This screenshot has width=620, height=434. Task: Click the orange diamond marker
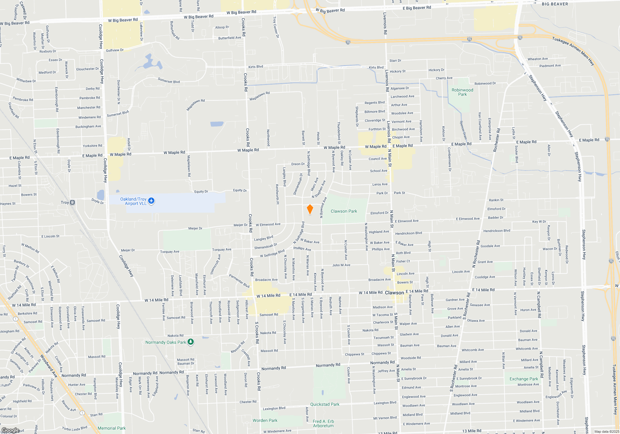tap(310, 209)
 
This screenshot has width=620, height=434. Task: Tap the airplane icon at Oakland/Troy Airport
tap(151, 201)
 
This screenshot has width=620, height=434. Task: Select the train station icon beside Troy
tap(73, 202)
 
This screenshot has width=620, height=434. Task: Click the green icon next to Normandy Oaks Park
tap(191, 342)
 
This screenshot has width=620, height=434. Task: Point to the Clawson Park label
tap(344, 211)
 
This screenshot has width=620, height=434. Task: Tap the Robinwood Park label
tap(462, 92)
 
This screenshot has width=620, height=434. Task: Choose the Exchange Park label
tap(524, 379)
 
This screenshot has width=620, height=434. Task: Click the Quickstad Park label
tap(325, 404)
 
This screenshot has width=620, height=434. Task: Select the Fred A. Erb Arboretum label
tap(323, 423)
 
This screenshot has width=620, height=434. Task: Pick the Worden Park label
tap(265, 420)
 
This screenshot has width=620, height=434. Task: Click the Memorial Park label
tap(112, 428)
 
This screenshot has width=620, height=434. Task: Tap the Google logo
tap(10, 430)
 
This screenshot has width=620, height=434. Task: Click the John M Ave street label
tap(341, 265)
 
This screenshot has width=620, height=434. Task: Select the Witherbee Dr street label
tap(26, 81)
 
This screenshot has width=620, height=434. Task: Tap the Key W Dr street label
tap(539, 222)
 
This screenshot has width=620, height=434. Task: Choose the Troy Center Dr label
tap(276, 27)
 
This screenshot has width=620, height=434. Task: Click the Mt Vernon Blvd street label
tap(385, 418)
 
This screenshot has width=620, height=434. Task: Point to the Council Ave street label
tap(378, 159)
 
